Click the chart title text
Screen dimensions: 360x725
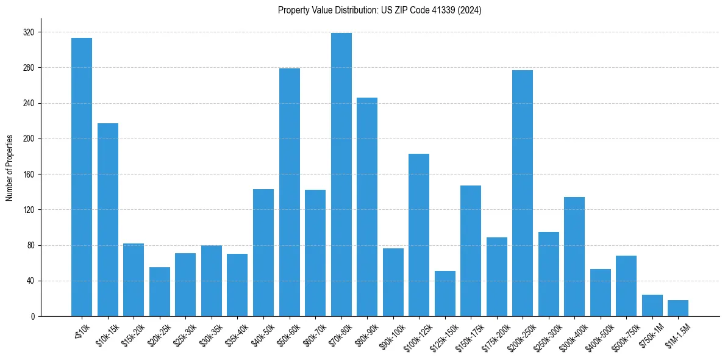coord(379,10)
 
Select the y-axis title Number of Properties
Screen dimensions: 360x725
coord(10,168)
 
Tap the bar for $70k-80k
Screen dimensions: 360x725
coord(341,175)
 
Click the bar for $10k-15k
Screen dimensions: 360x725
coord(108,220)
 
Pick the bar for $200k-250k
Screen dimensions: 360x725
coord(523,193)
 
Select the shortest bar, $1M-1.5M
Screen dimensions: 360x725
coord(678,308)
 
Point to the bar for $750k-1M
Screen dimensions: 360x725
coord(652,306)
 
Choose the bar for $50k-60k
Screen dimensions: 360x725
coord(290,192)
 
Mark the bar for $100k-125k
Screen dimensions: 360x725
coord(419,235)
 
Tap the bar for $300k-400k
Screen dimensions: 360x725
coord(574,257)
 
